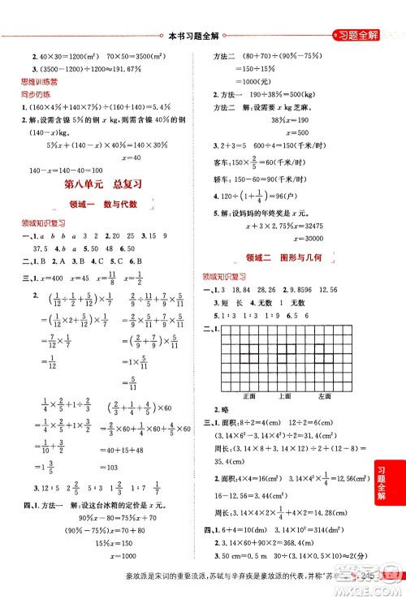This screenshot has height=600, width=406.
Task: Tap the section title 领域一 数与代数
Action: [x=102, y=204]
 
